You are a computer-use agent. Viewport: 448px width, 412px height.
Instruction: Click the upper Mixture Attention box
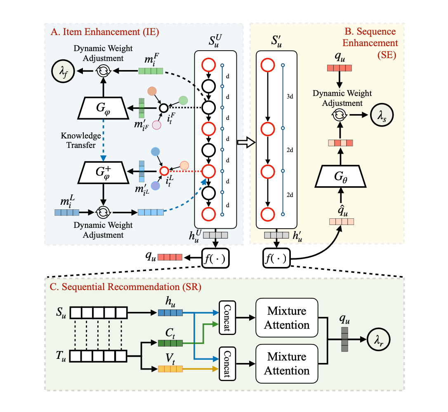coord(287,317)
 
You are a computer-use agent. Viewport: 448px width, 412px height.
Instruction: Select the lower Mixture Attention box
coord(287,363)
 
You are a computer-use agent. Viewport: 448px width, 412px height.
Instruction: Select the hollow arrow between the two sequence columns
coord(246,143)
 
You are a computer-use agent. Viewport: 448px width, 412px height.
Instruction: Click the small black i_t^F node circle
coord(163,108)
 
